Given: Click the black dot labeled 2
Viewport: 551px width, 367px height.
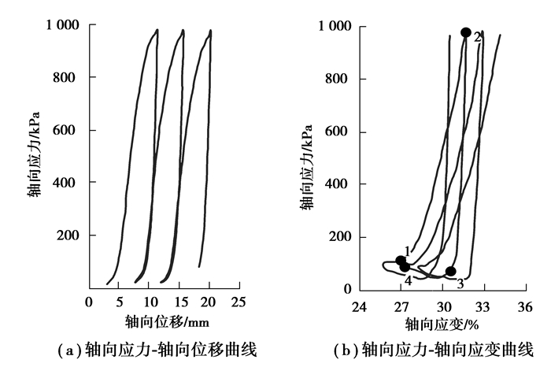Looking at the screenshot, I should pos(465,32).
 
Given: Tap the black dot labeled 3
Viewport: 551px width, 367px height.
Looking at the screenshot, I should pos(450,271).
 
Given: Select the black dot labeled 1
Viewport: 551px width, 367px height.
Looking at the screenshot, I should pos(401,261).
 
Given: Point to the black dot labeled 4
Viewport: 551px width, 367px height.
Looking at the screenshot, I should pos(405,267).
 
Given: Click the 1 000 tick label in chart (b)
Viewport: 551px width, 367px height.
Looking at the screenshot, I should pos(335,27).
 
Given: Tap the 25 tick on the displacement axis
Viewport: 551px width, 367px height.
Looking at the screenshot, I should pos(240,302).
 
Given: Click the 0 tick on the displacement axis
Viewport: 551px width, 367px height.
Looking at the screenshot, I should pos(89,302).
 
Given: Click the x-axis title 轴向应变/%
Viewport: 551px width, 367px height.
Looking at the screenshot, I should pos(442,324).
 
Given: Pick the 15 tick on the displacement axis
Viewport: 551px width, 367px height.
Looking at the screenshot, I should pos(179,302).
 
